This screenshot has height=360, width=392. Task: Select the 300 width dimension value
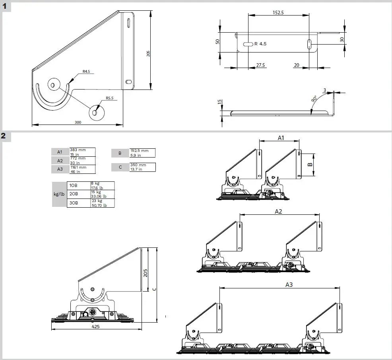pyautogui.click(x=78, y=122)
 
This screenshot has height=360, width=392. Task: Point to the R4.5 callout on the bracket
pyautogui.click(x=87, y=72)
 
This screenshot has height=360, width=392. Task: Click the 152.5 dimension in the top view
pyautogui.click(x=278, y=12)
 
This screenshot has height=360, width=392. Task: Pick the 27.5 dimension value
pyautogui.click(x=261, y=64)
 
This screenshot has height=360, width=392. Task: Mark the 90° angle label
pyautogui.click(x=314, y=99)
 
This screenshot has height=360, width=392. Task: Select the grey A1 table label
pyautogui.click(x=60, y=152)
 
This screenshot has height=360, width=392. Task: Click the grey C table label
pyautogui.click(x=120, y=167)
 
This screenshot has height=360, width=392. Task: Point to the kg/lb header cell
pyautogui.click(x=59, y=194)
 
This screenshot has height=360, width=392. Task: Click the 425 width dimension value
pyautogui.click(x=96, y=326)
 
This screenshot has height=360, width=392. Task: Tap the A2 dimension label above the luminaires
pyautogui.click(x=279, y=211)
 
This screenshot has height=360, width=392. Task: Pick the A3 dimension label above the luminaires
pyautogui.click(x=289, y=284)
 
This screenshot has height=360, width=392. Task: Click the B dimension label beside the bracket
pyautogui.click(x=310, y=164)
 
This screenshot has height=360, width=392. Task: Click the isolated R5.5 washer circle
pyautogui.click(x=95, y=112)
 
